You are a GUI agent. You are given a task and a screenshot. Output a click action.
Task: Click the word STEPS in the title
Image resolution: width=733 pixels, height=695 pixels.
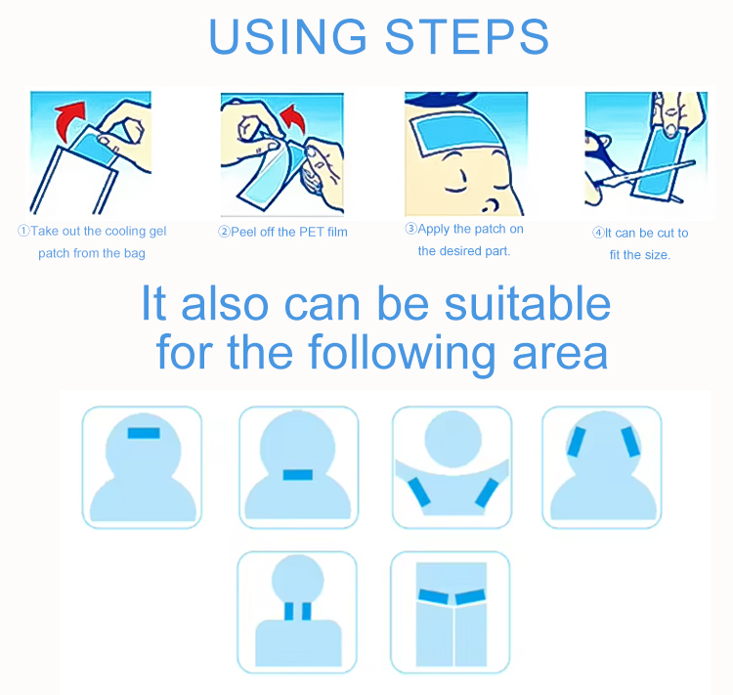[466, 36]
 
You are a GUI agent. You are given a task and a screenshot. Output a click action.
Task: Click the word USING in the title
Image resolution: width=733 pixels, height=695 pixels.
[288, 36]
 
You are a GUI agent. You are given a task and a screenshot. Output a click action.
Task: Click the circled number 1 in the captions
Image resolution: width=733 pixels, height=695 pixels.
[23, 231]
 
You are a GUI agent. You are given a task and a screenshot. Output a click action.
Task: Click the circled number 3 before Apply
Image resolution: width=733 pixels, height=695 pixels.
[410, 228]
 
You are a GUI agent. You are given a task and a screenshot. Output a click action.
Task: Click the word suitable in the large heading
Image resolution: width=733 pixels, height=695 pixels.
[528, 304]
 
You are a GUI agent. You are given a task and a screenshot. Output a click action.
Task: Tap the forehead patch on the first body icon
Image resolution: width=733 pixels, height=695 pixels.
[144, 433]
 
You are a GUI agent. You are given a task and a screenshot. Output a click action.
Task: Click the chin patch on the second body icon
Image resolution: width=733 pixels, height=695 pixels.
[298, 475]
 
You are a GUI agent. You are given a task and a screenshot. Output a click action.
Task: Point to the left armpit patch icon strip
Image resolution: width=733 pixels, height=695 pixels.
[419, 493]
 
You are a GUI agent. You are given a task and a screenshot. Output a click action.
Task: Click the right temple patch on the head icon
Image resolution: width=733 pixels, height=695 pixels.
[630, 442]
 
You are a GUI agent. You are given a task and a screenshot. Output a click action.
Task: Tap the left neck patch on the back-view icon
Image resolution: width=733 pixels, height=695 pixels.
[289, 611]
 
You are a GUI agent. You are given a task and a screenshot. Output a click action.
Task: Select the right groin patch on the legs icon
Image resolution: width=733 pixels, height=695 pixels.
[470, 597]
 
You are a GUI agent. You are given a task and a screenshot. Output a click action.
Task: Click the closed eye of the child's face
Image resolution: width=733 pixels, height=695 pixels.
[455, 189]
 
